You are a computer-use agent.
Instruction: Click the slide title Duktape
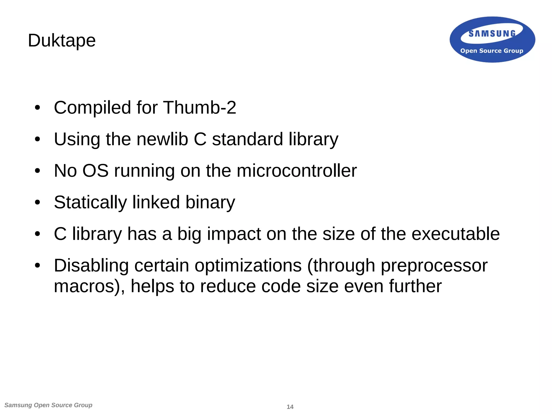click(62, 41)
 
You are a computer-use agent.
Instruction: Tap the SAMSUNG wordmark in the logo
click(492, 34)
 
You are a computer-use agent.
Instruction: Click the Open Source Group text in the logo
click(492, 51)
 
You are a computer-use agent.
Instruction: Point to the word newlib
click(162, 139)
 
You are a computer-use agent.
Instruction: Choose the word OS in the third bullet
click(95, 171)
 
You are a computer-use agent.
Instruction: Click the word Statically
click(90, 203)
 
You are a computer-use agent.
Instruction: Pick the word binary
click(210, 203)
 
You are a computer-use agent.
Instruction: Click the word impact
click(233, 234)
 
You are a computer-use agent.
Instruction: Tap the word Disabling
click(91, 266)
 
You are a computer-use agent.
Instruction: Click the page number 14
click(290, 407)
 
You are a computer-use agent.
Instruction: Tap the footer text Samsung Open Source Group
click(49, 405)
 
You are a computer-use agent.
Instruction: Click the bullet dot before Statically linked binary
click(37, 203)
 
